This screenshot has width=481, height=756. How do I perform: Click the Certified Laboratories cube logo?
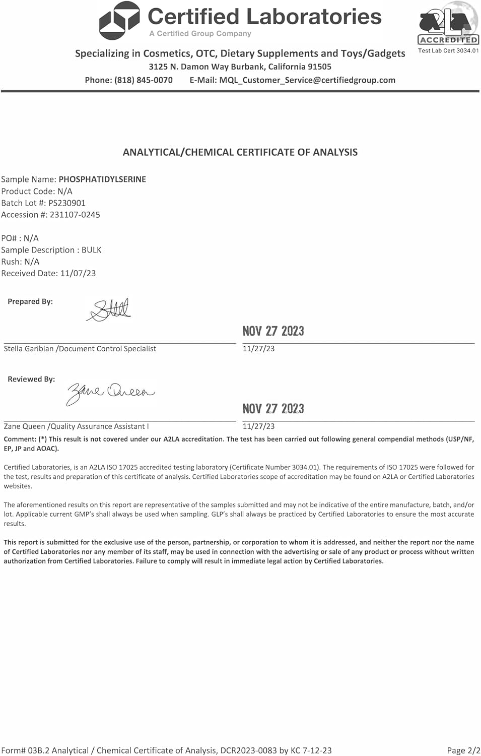click(119, 21)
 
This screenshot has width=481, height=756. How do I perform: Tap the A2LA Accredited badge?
click(448, 25)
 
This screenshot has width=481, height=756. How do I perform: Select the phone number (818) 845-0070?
click(144, 80)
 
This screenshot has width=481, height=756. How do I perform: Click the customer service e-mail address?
click(307, 80)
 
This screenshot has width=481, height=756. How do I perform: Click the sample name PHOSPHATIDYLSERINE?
click(102, 179)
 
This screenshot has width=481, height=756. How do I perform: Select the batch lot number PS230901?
click(67, 203)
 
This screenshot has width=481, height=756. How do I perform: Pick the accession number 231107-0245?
click(75, 215)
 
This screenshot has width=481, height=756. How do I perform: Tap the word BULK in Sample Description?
click(92, 250)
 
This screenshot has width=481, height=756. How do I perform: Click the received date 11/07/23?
click(78, 274)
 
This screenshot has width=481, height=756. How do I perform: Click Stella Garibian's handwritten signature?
click(109, 310)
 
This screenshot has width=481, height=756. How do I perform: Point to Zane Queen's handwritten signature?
click(111, 392)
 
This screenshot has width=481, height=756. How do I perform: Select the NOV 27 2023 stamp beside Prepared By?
click(273, 331)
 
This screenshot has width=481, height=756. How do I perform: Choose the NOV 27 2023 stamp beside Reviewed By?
click(273, 409)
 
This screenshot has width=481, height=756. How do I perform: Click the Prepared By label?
click(30, 301)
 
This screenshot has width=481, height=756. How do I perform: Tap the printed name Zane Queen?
click(24, 426)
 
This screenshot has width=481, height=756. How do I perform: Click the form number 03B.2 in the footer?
click(38, 750)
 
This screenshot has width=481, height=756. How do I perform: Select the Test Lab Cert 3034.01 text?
click(448, 50)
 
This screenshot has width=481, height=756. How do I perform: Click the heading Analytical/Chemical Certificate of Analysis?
click(240, 152)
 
